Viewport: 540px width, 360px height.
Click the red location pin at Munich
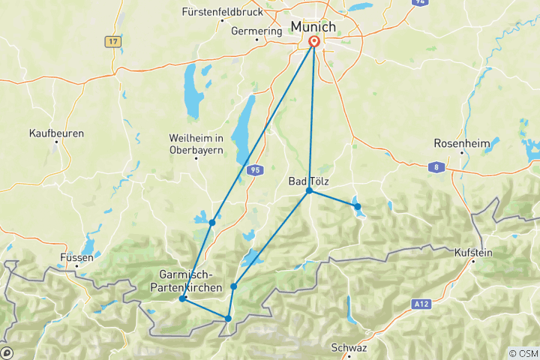(313, 43)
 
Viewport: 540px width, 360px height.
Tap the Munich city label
(313, 27)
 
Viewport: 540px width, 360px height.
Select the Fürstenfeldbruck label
(222, 12)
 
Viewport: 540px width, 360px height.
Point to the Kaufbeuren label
(56, 133)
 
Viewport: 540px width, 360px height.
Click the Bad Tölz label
(308, 181)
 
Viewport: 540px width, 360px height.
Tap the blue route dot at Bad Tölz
(309, 191)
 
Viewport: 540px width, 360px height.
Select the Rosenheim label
(462, 143)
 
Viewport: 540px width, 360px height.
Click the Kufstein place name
(473, 253)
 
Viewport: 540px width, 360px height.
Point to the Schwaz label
(349, 348)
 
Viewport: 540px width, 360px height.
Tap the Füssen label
(77, 257)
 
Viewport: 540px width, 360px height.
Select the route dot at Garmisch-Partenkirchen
(182, 298)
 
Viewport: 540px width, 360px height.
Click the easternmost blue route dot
(358, 206)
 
